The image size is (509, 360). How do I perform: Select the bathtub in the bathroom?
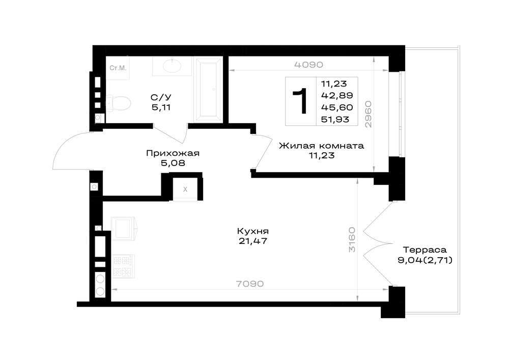208,89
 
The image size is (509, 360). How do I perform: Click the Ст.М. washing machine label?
118,68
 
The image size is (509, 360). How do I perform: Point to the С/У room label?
161,97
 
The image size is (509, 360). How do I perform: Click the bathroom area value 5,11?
161,107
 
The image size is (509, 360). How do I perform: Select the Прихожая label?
173,153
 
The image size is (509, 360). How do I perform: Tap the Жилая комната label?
321,146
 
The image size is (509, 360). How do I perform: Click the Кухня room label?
253,232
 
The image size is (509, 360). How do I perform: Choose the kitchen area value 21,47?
253,241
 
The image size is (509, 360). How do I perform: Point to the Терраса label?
425,250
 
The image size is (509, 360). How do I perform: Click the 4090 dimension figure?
309,65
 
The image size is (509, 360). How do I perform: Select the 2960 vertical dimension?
368,114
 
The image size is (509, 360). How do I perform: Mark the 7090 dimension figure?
249,284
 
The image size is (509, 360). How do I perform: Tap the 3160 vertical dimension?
352,240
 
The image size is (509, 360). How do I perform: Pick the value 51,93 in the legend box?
335,120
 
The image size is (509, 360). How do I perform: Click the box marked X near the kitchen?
185,189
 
